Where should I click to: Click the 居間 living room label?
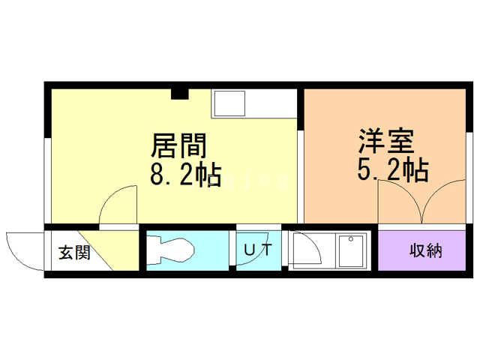[x=179, y=142]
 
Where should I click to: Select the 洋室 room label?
[x=386, y=140]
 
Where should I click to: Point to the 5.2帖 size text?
[x=391, y=171]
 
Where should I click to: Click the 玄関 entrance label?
[x=74, y=252]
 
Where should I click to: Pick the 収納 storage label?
[x=424, y=250]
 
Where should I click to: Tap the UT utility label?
[x=256, y=250]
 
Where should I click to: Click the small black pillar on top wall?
[x=179, y=94]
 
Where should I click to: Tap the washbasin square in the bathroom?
[x=351, y=250]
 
